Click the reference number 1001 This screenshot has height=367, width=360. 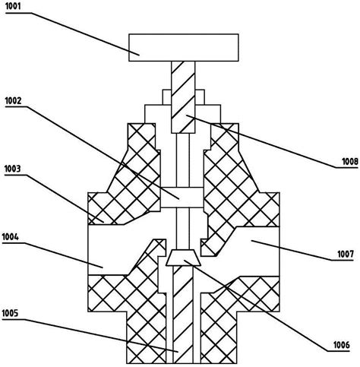[x=13, y=6]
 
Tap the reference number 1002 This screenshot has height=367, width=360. [x=13, y=101]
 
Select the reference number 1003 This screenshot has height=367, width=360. [x=12, y=169]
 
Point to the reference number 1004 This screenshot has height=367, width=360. [x=11, y=237]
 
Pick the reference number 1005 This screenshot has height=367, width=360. [x=10, y=313]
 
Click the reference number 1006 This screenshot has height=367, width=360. [x=342, y=345]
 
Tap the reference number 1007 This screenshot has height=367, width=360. [x=346, y=254]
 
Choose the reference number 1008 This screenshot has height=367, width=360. [x=350, y=161]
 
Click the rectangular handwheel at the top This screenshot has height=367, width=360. [x=184, y=48]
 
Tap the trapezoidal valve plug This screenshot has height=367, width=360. [x=184, y=258]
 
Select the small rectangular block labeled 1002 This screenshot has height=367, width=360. [x=182, y=198]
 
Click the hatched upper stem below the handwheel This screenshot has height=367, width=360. [x=183, y=97]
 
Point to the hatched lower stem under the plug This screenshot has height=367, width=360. [x=183, y=315]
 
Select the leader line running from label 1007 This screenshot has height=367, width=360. [x=302, y=251]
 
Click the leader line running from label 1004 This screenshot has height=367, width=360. [x=52, y=255]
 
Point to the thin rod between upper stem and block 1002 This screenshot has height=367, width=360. [x=183, y=160]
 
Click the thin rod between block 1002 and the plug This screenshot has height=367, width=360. [x=183, y=229]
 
